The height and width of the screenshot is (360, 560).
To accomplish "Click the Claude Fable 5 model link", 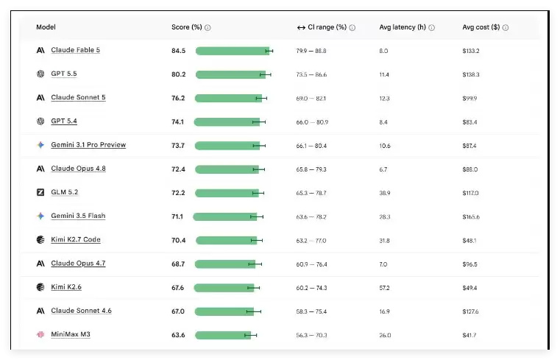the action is pyautogui.click(x=75, y=50).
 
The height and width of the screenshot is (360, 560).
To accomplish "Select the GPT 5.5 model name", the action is pyautogui.click(x=64, y=74).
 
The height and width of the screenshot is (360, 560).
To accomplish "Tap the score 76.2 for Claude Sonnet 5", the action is pyautogui.click(x=178, y=98).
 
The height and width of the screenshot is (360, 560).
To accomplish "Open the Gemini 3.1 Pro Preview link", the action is pyautogui.click(x=88, y=144).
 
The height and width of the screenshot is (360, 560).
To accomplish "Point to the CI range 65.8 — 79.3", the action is pyautogui.click(x=311, y=169).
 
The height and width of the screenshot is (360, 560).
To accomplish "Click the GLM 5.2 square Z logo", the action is pyautogui.click(x=40, y=192).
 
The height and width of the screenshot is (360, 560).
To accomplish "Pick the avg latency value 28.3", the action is pyautogui.click(x=385, y=216).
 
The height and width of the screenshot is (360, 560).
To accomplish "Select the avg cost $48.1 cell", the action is pyautogui.click(x=469, y=241).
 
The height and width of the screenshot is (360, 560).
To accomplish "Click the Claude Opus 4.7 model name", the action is pyautogui.click(x=78, y=264).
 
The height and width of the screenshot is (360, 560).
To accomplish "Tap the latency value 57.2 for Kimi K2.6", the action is pyautogui.click(x=384, y=288).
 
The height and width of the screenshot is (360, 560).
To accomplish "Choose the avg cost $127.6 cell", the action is pyautogui.click(x=470, y=311).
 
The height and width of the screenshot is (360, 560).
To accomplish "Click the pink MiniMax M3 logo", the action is pyautogui.click(x=40, y=334).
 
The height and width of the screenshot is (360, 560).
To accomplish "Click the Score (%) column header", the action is pyautogui.click(x=187, y=27).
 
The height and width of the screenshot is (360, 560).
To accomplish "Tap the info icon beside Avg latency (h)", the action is pyautogui.click(x=431, y=27).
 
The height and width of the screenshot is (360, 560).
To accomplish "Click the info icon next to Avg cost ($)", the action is pyautogui.click(x=506, y=27).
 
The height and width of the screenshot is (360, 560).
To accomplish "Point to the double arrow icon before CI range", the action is pyautogui.click(x=301, y=27).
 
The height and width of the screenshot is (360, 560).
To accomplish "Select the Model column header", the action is pyautogui.click(x=46, y=27).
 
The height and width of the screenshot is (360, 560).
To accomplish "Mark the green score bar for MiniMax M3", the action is pyautogui.click(x=223, y=336).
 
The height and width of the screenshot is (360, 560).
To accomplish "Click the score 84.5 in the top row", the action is pyautogui.click(x=178, y=51).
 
